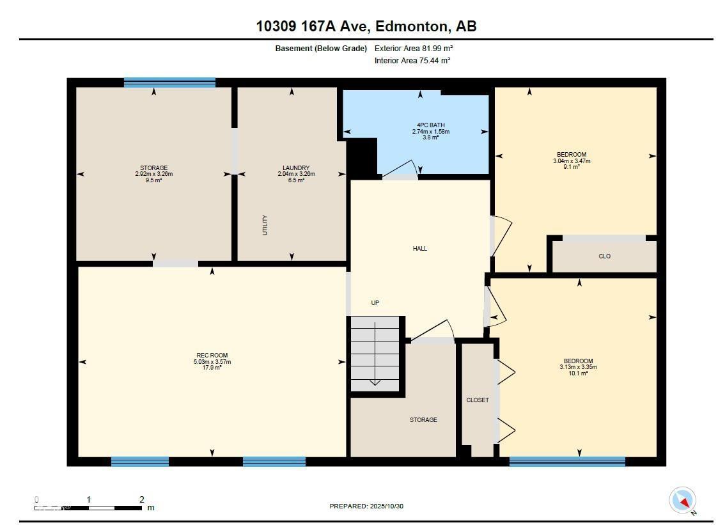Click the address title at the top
[366, 26]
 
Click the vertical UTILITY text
[265, 225]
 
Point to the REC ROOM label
[212, 356]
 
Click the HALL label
[420, 248]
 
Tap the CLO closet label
[604, 256]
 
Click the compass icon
[682, 500]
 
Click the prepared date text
[366, 506]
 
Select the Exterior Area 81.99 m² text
[414, 48]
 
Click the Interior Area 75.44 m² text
[412, 61]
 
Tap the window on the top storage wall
[169, 82]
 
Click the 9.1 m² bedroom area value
[572, 167]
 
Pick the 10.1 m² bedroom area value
[579, 373]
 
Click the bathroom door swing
[401, 169]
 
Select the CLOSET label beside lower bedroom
[478, 400]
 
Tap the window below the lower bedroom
[567, 461]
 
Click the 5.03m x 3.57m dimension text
[212, 362]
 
